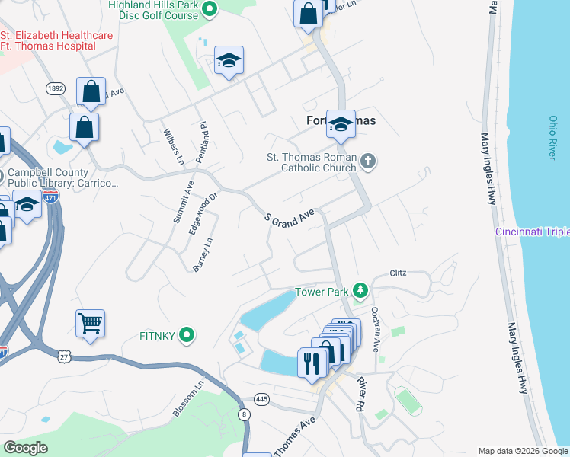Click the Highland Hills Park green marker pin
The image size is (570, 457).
pos(213,9)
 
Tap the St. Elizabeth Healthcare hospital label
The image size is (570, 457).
pos(56,40)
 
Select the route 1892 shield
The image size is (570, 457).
pos(54,88)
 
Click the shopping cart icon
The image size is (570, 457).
pos(90,324)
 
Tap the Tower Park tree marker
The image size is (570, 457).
pos(360,291)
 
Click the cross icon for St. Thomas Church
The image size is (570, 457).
pos(368,161)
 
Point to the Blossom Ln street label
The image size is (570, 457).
pos(187,397)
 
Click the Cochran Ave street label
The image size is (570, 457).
pos(375,329)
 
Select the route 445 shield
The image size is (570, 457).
pos(262,399)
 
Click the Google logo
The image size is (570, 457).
pos(25,448)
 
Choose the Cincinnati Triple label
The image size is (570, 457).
pos(532,232)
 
